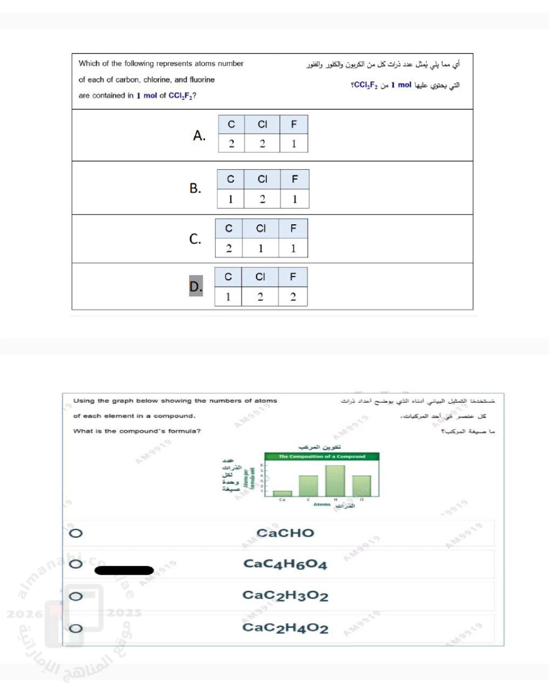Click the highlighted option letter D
[196, 286]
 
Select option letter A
[199, 135]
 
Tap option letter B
[195, 188]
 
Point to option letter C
[195, 239]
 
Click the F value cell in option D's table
[293, 297]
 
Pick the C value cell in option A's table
[231, 144]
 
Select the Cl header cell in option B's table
[262, 179]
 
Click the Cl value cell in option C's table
[260, 249]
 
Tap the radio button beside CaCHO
[76, 533]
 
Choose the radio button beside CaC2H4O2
[76, 628]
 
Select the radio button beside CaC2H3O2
[76, 596]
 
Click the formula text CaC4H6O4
[285, 564]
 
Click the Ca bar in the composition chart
[282, 493]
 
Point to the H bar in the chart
[335, 481]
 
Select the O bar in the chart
[361, 486]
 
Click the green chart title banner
[322, 457]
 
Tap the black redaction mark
[124, 570]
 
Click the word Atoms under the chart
[322, 505]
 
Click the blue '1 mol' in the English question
[147, 95]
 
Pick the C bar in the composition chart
[308, 486]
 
